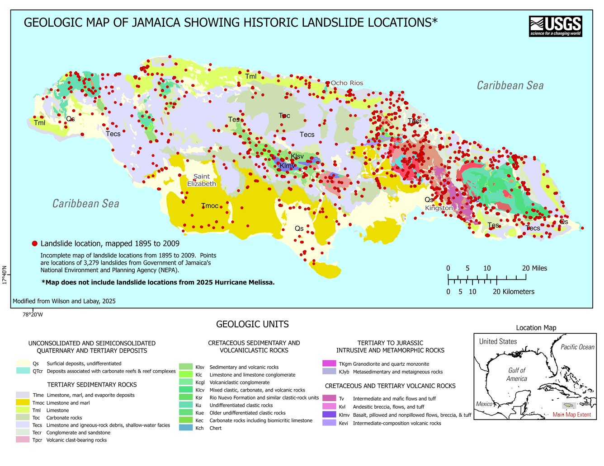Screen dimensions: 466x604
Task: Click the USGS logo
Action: coord(555,26)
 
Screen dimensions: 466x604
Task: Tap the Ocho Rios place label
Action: coord(347,83)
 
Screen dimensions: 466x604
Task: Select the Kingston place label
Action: coord(439,208)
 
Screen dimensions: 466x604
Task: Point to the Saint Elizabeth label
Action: coord(202,180)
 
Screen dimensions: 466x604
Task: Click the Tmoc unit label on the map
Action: coord(210,206)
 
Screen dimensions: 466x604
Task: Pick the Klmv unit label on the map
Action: coord(288,166)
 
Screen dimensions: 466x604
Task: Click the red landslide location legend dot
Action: coord(35,244)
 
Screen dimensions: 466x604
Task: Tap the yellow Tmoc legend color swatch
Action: coord(23,403)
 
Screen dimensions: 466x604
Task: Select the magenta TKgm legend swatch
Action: coord(329,363)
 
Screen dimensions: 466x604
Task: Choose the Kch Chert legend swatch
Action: coord(186,428)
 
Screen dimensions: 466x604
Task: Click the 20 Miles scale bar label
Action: coord(534,268)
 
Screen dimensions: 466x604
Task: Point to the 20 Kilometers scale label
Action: coord(513,292)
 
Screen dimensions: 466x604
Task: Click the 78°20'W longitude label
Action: coord(33,315)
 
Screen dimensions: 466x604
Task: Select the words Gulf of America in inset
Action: coord(517,374)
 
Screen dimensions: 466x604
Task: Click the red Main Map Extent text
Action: coord(571,415)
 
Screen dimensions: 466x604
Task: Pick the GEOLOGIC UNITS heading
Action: coord(252,324)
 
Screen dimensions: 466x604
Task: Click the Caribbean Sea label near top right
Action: coord(510,85)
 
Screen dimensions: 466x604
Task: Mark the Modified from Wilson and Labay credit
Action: coord(64,301)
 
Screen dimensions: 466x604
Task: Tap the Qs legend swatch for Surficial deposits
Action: coord(23,363)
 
